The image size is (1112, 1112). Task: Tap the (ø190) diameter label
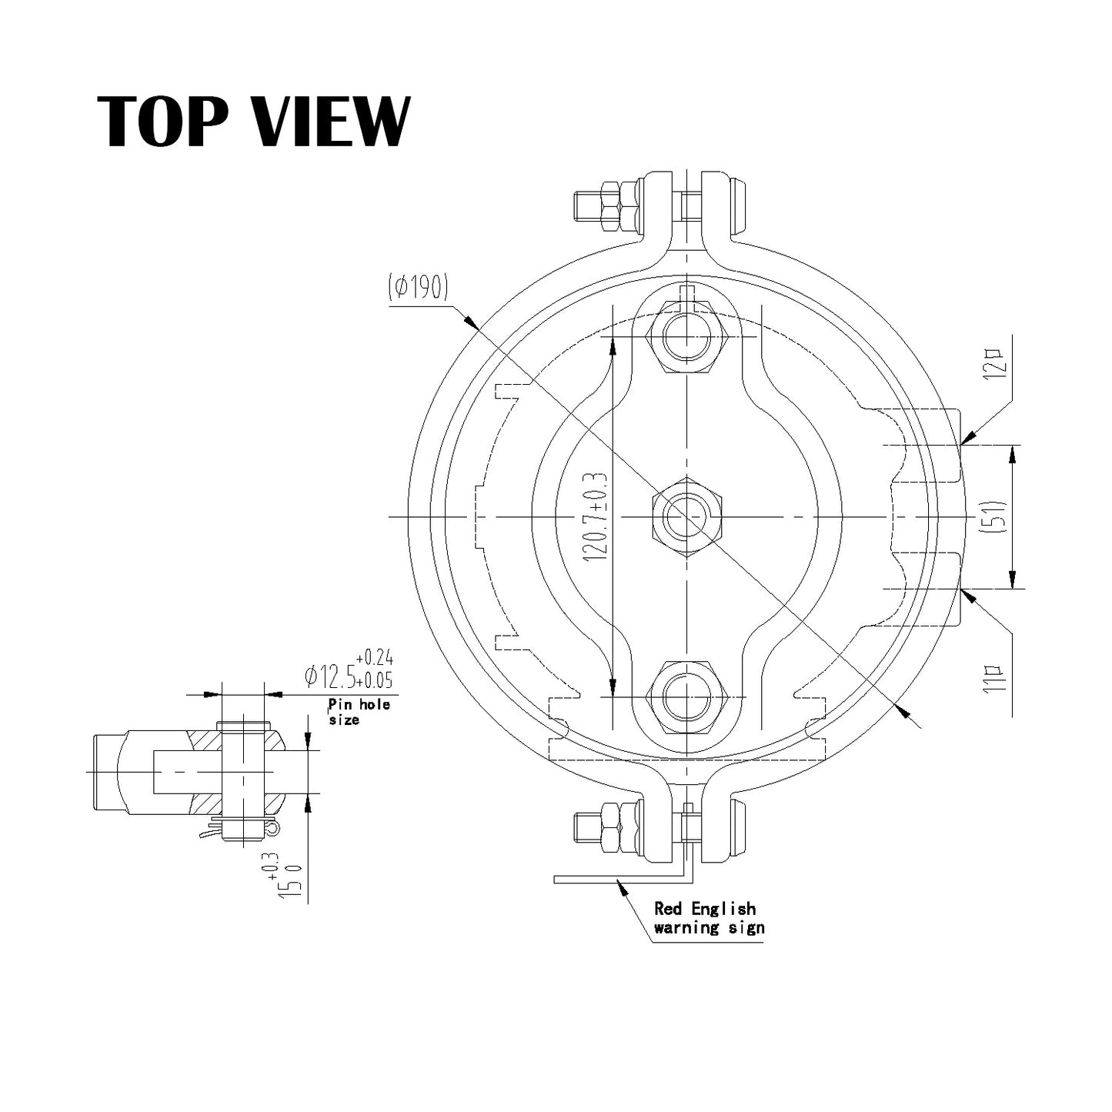419,288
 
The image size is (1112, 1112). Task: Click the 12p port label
998,364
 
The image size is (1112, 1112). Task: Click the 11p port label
998,678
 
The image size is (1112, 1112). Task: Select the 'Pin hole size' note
358,711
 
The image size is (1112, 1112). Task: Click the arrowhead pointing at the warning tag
620,886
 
